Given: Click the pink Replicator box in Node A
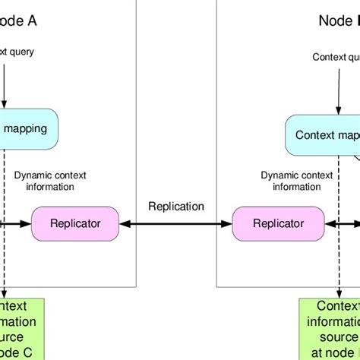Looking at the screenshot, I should [x=75, y=223].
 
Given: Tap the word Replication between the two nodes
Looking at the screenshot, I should [x=176, y=206].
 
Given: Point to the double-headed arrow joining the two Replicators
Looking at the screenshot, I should [x=176, y=223].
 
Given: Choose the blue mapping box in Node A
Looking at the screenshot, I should [x=27, y=128].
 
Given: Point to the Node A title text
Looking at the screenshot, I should [x=18, y=21].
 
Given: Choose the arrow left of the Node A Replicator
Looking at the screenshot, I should [x=15, y=223].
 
